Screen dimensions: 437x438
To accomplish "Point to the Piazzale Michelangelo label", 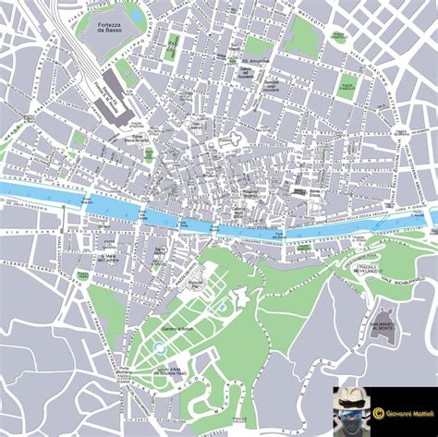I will coord(369,269).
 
